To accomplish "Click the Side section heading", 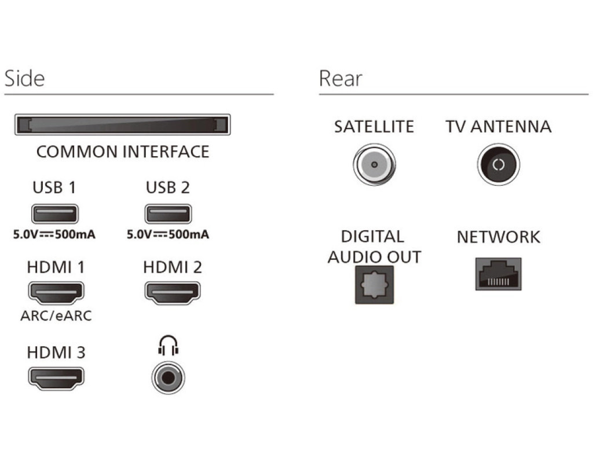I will point(24,79).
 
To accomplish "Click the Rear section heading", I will point(341,79).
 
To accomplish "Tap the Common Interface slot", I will point(122,125).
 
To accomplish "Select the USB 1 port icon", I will point(55,214).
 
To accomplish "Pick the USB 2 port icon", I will point(167,214).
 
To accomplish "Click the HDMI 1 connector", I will point(56,293).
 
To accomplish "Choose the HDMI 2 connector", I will point(172,293).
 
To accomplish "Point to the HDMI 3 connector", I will point(56,378).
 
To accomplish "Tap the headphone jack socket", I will point(168,378).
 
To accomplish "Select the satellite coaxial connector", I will point(374,164).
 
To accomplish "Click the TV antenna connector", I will point(498,164).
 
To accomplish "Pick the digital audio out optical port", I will point(374,284).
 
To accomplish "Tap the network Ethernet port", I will point(498,274).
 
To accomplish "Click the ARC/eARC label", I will point(56,316).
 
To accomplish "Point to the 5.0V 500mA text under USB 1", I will point(54,235).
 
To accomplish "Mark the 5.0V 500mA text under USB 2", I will point(168,235).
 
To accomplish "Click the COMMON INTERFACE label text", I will point(122,152).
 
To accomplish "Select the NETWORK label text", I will point(498,237).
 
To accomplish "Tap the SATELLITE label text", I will point(374,127).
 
